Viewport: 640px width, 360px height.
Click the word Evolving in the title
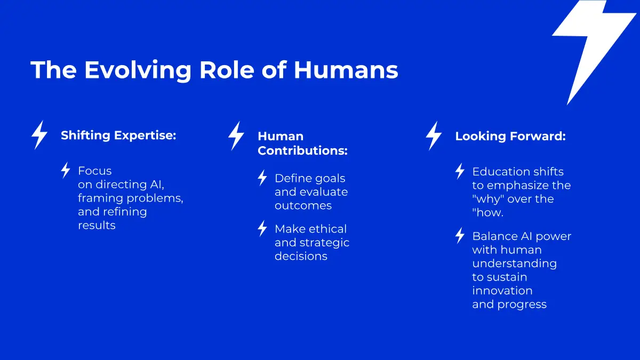click(x=138, y=70)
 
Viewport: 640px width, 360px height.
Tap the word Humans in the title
click(x=346, y=70)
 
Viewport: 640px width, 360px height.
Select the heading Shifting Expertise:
click(x=118, y=135)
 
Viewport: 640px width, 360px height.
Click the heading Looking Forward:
click(x=510, y=136)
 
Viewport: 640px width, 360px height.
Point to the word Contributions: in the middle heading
click(x=302, y=150)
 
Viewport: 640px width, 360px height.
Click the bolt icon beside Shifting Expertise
click(x=39, y=135)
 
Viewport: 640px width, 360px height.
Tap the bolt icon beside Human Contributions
click(x=236, y=135)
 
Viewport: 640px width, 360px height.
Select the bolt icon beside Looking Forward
click(x=434, y=135)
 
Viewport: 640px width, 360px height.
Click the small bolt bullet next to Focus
click(x=66, y=170)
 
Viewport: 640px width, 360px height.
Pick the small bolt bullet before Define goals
click(x=262, y=178)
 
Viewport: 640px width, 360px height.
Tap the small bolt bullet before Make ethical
click(x=262, y=228)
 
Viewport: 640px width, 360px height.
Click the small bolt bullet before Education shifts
click(x=460, y=171)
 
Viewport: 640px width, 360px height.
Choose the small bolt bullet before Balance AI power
click(x=460, y=236)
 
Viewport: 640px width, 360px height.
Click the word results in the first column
click(x=97, y=226)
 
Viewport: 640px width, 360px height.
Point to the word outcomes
click(x=303, y=206)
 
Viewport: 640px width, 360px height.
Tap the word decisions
click(x=301, y=257)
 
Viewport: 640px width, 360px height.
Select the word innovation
click(x=502, y=291)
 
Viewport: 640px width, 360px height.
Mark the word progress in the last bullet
click(x=522, y=305)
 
